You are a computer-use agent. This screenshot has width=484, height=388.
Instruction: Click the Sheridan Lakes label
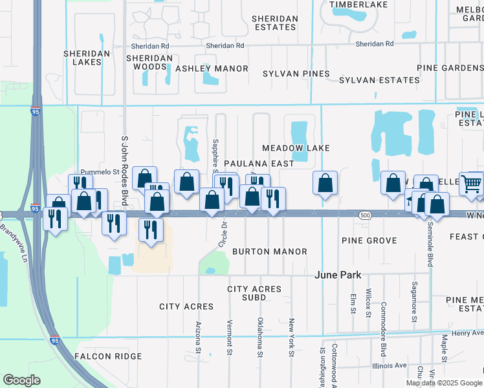click(x=83, y=58)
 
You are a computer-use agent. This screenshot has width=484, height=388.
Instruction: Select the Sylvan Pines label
click(x=296, y=74)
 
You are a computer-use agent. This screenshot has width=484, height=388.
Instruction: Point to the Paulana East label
click(x=259, y=164)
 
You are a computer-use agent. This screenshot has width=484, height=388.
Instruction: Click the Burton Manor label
click(x=269, y=251)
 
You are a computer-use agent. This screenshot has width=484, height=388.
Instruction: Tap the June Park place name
click(x=338, y=275)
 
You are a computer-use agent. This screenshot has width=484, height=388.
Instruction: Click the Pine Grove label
click(x=369, y=241)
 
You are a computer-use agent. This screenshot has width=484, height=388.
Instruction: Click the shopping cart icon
click(x=472, y=183)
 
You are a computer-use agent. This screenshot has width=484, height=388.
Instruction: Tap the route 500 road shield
click(x=366, y=214)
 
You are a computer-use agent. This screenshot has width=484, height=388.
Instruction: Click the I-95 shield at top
click(x=36, y=112)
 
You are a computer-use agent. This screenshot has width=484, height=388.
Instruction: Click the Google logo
click(x=21, y=380)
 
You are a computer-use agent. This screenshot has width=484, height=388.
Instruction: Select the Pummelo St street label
click(x=100, y=172)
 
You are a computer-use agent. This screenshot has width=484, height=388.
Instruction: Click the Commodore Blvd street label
click(x=384, y=320)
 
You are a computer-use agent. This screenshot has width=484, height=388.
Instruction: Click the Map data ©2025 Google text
click(x=443, y=383)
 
